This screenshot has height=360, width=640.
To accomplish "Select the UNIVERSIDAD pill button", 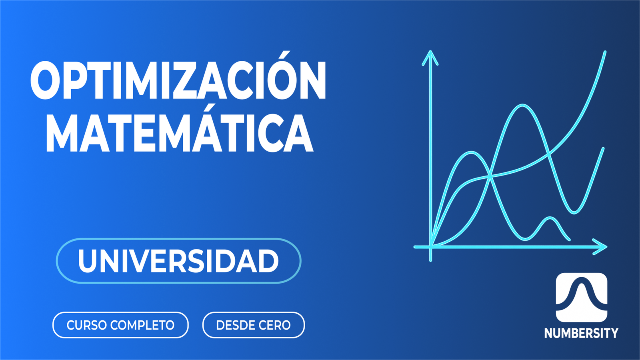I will pos(178,261).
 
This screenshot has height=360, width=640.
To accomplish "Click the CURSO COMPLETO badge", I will pos(120,325).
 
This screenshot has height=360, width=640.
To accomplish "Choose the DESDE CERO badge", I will pos(254,325).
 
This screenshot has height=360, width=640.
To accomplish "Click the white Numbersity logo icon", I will pos(581,297).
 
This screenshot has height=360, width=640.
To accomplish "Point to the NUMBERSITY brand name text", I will pos(581,333).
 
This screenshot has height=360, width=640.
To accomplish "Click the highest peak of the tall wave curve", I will pos(522,105).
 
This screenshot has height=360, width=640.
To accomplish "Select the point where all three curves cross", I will pos(490,176).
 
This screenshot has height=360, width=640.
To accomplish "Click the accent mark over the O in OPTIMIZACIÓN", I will pos(284,56).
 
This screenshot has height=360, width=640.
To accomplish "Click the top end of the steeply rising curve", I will pos(604,52).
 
